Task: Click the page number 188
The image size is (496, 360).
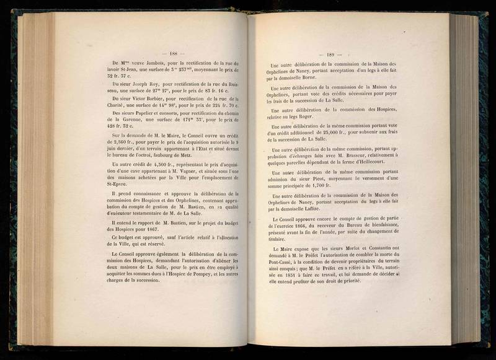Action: (x=169, y=54)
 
